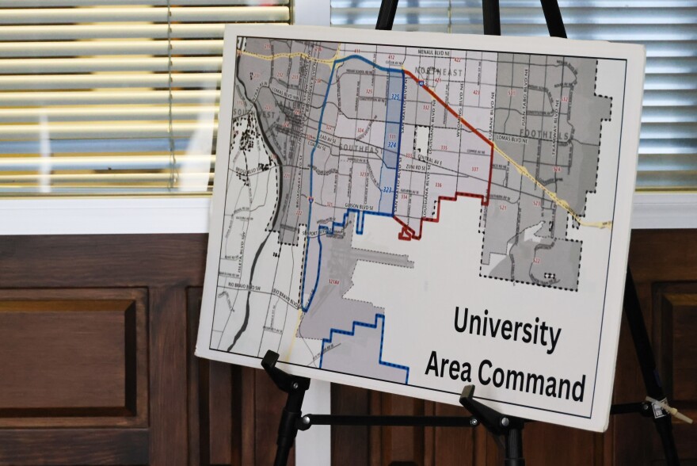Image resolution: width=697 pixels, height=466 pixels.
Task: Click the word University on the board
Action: point(507,327)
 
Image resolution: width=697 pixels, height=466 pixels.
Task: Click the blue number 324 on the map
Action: point(391,145)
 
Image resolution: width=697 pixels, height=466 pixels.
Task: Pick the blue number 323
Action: point(387,190)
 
